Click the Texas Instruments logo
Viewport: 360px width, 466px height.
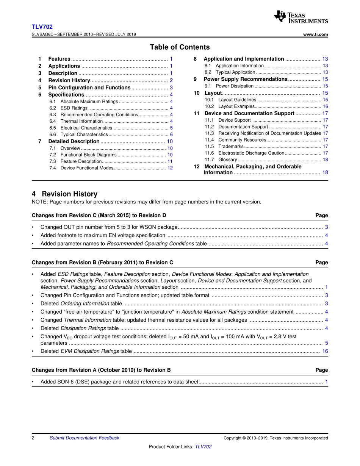point(301,17)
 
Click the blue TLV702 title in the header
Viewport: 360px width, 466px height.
point(42,27)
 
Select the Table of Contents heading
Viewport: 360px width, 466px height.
point(180,47)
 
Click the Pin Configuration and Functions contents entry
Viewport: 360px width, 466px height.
point(89,88)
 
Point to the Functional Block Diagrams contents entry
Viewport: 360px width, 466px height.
point(88,155)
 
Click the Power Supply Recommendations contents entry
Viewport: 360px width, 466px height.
point(246,79)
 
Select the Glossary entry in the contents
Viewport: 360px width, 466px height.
point(228,160)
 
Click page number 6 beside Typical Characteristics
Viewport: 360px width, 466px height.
point(171,134)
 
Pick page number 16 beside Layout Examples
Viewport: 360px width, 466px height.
point(325,106)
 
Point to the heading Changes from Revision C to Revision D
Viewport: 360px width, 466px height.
point(99,216)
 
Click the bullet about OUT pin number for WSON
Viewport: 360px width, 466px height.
point(109,227)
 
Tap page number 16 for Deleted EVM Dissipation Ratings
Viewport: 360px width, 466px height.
point(325,351)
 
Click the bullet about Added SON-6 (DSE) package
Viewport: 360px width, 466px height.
point(119,382)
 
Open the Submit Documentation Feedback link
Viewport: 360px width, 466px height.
point(84,438)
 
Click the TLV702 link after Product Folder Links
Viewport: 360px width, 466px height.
point(203,447)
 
